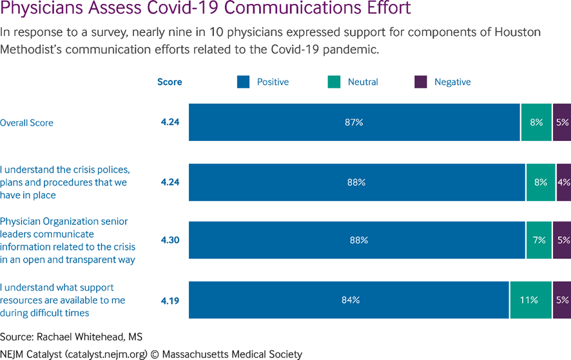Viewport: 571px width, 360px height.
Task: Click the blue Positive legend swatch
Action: (243, 82)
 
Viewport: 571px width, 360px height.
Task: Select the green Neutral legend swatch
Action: (334, 82)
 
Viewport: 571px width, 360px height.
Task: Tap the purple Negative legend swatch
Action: (421, 82)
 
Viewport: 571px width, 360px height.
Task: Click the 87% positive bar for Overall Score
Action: (354, 122)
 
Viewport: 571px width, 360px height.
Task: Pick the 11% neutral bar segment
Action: (530, 300)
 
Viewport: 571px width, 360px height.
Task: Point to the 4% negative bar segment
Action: (563, 182)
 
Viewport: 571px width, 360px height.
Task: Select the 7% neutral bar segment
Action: (539, 240)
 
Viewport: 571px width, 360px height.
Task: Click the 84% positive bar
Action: (349, 300)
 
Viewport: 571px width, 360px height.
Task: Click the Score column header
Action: (169, 82)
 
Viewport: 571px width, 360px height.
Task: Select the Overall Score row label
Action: (26, 122)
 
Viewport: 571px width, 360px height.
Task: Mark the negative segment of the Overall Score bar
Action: (562, 122)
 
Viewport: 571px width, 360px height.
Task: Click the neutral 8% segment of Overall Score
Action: (536, 122)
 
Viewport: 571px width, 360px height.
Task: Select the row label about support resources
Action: (63, 300)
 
